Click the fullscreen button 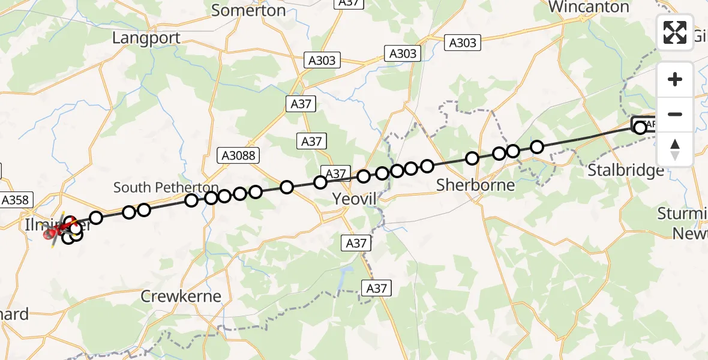675,32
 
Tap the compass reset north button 675,149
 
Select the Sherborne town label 475,185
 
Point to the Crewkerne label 181,296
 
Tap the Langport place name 146,38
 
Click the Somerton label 248,10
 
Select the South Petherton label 166,187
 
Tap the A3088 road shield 238,156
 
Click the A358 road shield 16,200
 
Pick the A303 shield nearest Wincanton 463,42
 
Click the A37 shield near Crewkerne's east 376,288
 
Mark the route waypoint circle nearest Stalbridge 640,127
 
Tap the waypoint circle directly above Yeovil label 363,176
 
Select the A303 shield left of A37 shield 322,60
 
